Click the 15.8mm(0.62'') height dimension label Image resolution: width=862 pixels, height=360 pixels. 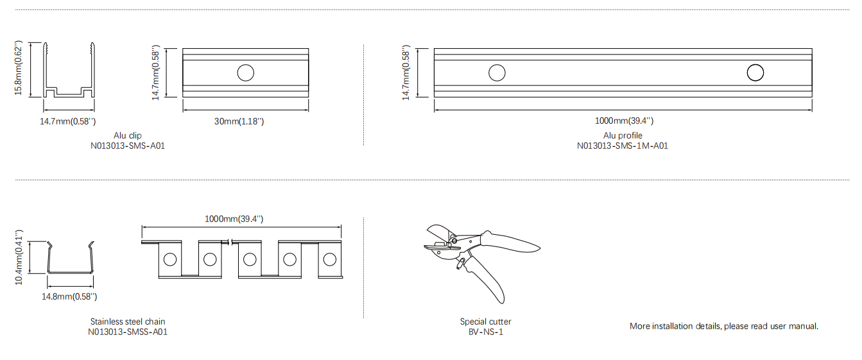pyautogui.click(x=19, y=68)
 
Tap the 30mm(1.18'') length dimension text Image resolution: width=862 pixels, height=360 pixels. pyautogui.click(x=239, y=121)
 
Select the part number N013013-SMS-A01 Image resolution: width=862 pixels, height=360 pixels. pyautogui.click(x=128, y=146)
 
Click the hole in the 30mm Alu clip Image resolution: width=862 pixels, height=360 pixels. pyautogui.click(x=246, y=73)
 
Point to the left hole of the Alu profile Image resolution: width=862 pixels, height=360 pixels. pyautogui.click(x=497, y=73)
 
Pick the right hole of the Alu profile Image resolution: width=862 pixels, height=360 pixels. pyautogui.click(x=755, y=73)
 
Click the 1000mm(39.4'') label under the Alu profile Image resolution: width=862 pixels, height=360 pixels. pyautogui.click(x=624, y=121)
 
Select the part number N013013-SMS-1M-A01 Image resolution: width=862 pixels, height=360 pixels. pyautogui.click(x=623, y=146)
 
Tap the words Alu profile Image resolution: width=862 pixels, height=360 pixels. pyautogui.click(x=623, y=136)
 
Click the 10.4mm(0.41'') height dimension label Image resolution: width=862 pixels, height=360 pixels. pyautogui.click(x=19, y=258)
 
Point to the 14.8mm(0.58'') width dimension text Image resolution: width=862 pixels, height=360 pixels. pyautogui.click(x=69, y=297)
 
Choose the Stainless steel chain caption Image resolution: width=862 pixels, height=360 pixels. pyautogui.click(x=128, y=322)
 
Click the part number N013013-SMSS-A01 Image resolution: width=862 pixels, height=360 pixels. pyautogui.click(x=128, y=332)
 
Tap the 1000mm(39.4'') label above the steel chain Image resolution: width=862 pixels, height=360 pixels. pyautogui.click(x=234, y=219)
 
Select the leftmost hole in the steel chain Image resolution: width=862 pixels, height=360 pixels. pyautogui.click(x=170, y=260)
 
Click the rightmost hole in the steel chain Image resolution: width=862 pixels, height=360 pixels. pyautogui.click(x=330, y=260)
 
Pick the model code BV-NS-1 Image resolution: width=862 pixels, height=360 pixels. pyautogui.click(x=486, y=332)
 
